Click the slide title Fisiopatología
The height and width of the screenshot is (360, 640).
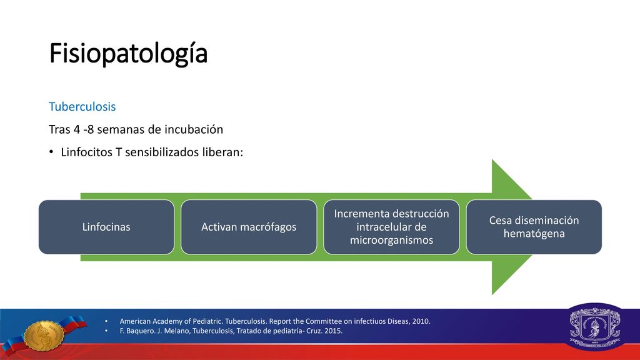pos(129,54)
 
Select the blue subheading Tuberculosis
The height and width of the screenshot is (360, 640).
pos(82,106)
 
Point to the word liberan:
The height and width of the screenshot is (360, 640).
pos(223,152)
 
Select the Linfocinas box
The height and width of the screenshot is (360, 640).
pos(106,227)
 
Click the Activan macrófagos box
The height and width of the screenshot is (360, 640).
pos(249,227)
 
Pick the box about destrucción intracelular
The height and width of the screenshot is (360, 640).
pos(391,227)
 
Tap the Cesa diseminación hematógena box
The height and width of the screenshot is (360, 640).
pos(534,227)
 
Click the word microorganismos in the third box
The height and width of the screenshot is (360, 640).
pos(391,240)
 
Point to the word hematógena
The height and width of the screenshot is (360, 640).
pos(534,234)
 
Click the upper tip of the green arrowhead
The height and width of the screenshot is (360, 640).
pos(492,160)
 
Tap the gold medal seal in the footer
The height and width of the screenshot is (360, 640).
pos(44,336)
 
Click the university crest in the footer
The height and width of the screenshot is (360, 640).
pos(595,326)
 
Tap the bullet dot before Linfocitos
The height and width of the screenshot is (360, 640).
pos(51,152)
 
